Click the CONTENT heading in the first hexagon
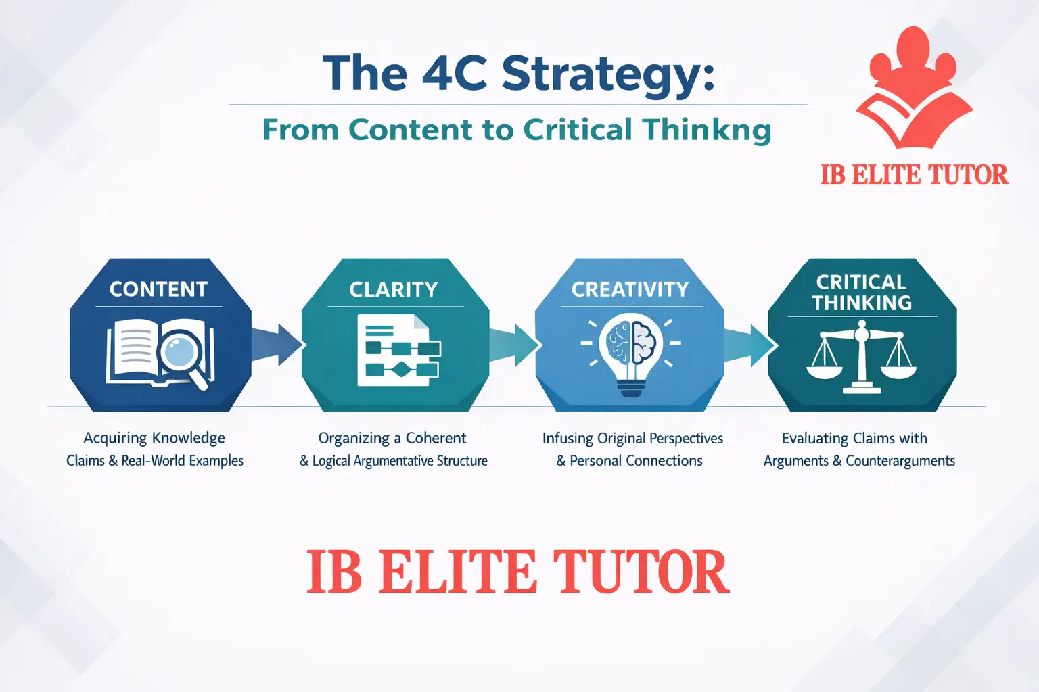[158, 289]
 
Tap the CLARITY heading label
[394, 290]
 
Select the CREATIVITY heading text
[630, 289]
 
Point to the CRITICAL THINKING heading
[862, 292]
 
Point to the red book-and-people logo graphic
[913, 88]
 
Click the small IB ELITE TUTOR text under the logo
[914, 175]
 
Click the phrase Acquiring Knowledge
[154, 438]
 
